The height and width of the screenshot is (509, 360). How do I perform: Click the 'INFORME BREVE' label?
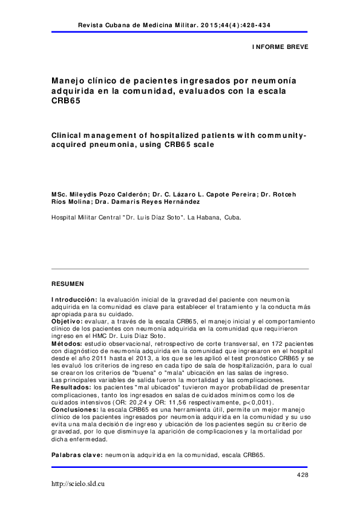pos(280,46)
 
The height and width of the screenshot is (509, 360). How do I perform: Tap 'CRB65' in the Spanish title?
pos(64,102)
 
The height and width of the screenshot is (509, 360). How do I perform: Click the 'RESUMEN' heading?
pos(67,283)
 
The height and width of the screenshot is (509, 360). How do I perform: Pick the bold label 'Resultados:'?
pos(71,386)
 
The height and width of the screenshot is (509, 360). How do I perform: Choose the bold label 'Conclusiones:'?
pos(75,410)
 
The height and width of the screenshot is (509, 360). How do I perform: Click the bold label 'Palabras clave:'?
pos(77,455)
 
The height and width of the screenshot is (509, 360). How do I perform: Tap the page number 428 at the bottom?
pos(303,476)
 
